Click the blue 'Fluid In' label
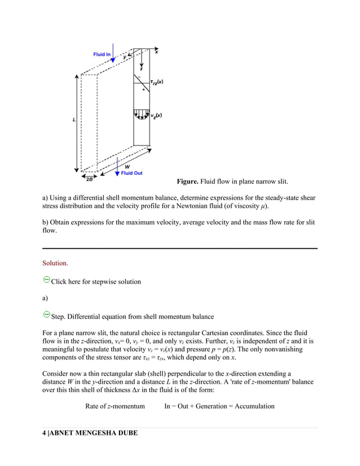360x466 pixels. (x=102, y=54)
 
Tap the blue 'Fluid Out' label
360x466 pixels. (x=132, y=173)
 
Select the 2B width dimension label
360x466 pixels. (x=89, y=179)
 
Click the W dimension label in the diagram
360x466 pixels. (x=127, y=166)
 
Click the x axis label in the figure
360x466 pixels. (x=156, y=52)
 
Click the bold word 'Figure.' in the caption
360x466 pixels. (x=187, y=182)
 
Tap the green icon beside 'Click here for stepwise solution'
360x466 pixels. (x=46, y=280)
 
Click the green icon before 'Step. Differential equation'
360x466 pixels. (x=46, y=314)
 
